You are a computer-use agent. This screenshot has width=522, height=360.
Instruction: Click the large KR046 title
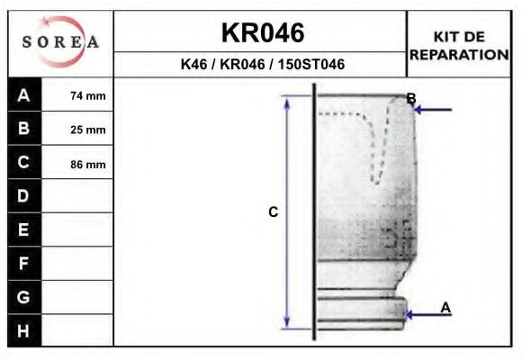262,33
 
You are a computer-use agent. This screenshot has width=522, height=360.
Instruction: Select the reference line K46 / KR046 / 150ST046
262,65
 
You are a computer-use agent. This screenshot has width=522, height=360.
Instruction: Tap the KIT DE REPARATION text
460,45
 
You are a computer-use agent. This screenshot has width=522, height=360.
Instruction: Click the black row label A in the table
24,95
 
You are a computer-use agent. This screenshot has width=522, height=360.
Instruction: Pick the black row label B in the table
24,129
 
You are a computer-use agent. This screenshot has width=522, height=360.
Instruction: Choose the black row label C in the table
24,163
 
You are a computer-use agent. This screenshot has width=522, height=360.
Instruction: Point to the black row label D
24,196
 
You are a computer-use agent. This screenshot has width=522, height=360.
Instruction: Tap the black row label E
24,229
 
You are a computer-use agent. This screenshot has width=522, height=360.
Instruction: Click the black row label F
24,264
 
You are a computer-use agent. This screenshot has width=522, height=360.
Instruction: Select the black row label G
24,297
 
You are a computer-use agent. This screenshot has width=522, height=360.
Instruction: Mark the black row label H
24,330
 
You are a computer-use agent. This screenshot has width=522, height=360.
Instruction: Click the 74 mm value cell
87,95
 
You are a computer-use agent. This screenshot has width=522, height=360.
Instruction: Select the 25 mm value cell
87,130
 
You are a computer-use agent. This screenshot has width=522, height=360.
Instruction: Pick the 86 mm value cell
87,164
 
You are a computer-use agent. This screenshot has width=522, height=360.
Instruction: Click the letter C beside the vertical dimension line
274,212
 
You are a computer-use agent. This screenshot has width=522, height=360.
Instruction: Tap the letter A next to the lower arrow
445,308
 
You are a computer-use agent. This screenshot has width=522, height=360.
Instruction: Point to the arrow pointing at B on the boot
434,110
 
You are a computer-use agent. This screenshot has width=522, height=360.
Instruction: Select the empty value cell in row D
78,196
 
